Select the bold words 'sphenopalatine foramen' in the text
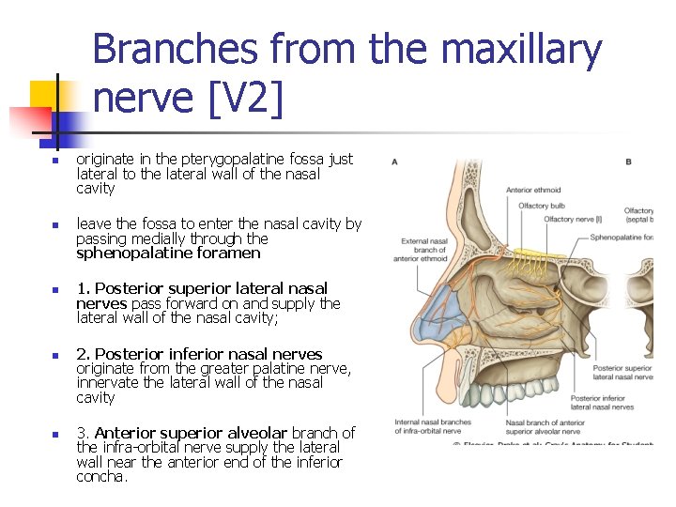(x=168, y=253)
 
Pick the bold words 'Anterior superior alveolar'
(x=192, y=433)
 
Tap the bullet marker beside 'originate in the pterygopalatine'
(x=55, y=161)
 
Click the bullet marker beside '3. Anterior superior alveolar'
(x=55, y=434)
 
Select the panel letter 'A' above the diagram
(x=394, y=161)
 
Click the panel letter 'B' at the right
(x=628, y=161)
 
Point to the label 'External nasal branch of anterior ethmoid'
(x=423, y=250)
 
